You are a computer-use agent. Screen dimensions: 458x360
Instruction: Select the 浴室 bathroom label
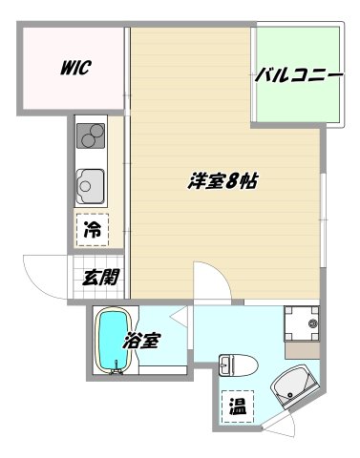pyautogui.click(x=141, y=341)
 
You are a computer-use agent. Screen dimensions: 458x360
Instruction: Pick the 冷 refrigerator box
pyautogui.click(x=94, y=229)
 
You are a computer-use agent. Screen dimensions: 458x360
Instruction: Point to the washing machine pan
pyautogui.click(x=304, y=324)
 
